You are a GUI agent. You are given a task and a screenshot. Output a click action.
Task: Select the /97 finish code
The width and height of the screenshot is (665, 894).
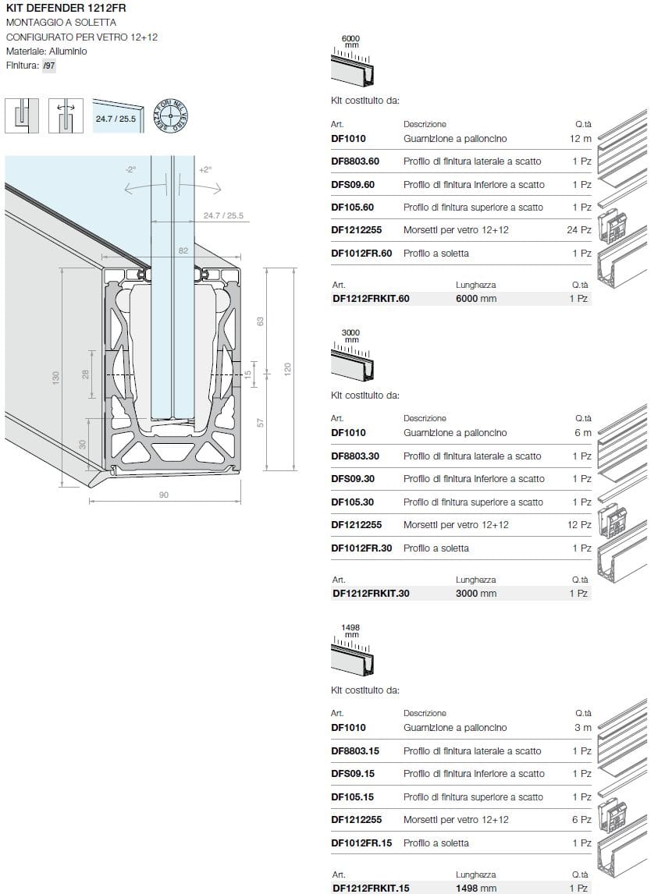(x=48, y=66)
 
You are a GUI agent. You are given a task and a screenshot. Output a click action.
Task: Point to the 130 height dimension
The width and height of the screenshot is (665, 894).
(x=55, y=378)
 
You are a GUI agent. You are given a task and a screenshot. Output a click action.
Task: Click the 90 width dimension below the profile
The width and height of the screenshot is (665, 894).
(x=164, y=495)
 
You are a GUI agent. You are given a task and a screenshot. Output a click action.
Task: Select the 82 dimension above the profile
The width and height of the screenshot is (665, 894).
(x=183, y=250)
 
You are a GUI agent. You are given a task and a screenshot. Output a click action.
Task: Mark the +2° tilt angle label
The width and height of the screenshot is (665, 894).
(x=205, y=169)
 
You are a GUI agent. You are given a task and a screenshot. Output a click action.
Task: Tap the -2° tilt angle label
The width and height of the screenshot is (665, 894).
(x=130, y=169)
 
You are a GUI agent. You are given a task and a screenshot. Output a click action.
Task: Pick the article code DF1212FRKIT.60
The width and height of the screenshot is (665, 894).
(x=370, y=299)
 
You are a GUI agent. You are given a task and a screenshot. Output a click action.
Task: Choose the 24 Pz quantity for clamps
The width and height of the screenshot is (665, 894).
(x=579, y=230)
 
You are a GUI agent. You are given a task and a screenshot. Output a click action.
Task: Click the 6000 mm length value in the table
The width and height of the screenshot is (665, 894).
(x=475, y=299)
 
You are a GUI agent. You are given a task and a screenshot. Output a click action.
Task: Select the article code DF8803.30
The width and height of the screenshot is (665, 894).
(x=355, y=456)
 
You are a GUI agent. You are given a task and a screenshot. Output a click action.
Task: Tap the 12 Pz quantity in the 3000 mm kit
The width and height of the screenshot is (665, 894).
(x=579, y=525)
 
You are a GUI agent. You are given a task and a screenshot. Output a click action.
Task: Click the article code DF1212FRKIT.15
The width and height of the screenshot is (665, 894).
(x=370, y=888)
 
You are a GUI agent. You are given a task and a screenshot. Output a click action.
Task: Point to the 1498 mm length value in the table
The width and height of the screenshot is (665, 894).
(x=475, y=888)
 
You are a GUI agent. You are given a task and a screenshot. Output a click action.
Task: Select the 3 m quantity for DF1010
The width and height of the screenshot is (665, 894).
(x=583, y=728)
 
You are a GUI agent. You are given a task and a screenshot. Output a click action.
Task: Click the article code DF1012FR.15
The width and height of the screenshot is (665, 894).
(x=361, y=843)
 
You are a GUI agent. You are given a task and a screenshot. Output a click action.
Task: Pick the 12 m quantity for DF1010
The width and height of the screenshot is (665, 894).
(x=581, y=139)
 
